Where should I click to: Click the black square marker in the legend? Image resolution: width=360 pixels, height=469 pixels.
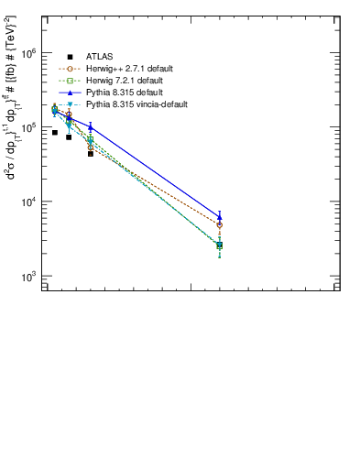70,57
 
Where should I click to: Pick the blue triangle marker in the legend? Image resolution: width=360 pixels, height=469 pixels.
70,93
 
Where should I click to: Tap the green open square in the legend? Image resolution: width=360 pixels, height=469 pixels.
70,81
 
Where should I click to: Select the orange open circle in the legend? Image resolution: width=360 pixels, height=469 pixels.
70,69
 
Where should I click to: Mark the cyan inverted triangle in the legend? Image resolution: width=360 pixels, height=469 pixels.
70,104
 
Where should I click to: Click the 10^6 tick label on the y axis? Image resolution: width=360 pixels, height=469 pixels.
29,54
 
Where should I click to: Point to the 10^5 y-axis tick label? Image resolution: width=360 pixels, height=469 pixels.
29,127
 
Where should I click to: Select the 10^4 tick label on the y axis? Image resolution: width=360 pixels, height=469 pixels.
29,202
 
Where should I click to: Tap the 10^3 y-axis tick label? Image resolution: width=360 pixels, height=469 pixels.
29,276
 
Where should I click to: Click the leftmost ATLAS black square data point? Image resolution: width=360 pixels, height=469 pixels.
55,133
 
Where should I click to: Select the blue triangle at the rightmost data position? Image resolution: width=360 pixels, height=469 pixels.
220,217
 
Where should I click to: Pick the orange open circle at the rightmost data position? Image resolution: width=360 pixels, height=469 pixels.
220,224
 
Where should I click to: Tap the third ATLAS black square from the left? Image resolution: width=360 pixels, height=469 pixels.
91,154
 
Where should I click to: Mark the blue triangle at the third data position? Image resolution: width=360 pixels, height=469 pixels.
91,127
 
